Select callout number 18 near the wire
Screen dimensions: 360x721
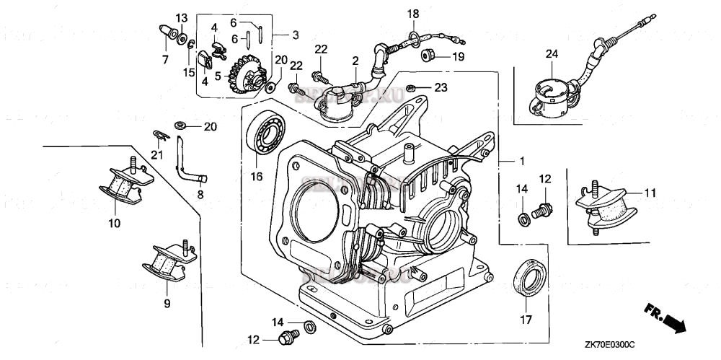point(412,14)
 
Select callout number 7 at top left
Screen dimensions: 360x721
point(165,58)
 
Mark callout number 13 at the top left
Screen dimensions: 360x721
point(182,17)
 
